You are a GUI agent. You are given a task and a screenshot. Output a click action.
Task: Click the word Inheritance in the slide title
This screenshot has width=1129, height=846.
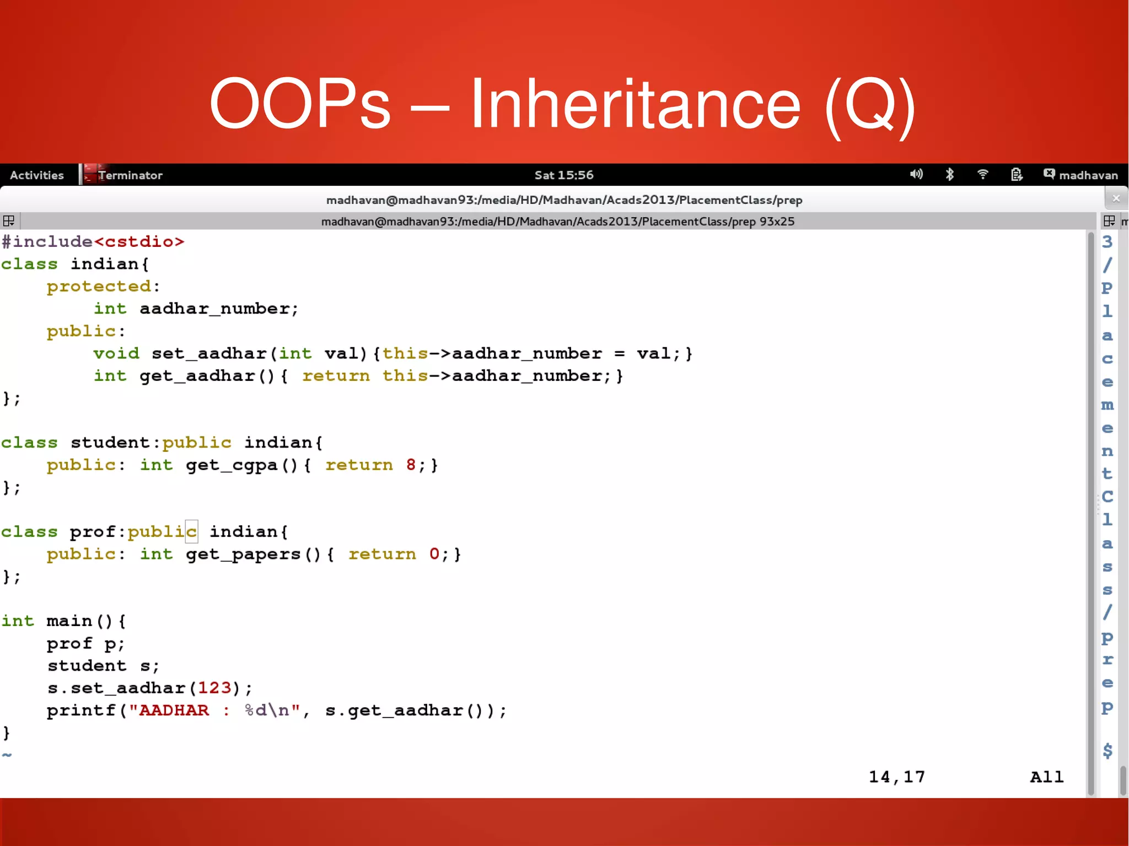click(635, 105)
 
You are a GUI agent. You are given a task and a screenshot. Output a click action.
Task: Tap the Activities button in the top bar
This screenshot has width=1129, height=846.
click(37, 175)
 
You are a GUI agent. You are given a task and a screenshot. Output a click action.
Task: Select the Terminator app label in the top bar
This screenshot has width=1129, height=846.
click(130, 175)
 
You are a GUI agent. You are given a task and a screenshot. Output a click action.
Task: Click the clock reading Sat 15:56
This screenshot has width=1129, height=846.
click(564, 175)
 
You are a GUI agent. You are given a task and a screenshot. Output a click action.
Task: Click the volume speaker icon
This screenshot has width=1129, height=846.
click(916, 175)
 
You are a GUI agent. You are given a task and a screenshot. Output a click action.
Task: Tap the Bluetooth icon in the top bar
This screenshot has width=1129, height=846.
click(949, 175)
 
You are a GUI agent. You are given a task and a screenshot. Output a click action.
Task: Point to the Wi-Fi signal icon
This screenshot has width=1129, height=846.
click(982, 175)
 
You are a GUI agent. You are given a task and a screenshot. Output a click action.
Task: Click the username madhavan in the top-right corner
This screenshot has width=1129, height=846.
click(1088, 175)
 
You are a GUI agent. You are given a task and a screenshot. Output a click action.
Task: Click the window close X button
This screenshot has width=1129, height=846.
click(1116, 198)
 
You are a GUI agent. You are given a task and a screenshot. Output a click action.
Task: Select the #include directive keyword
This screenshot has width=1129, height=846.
click(47, 241)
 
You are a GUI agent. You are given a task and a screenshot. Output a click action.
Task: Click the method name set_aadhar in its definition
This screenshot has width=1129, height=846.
click(209, 353)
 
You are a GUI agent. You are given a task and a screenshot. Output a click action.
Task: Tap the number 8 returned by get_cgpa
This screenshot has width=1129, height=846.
click(411, 465)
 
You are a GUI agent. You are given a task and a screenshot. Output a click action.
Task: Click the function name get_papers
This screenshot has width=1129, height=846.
click(243, 554)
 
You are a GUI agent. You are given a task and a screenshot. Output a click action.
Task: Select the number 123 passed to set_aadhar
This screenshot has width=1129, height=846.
click(214, 688)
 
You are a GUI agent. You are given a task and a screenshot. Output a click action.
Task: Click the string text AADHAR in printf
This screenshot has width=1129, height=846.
click(174, 710)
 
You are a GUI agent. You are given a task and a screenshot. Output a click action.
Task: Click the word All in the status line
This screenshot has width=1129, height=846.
click(1046, 777)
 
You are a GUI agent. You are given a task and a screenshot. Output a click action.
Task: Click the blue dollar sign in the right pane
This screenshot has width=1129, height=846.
click(1108, 751)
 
